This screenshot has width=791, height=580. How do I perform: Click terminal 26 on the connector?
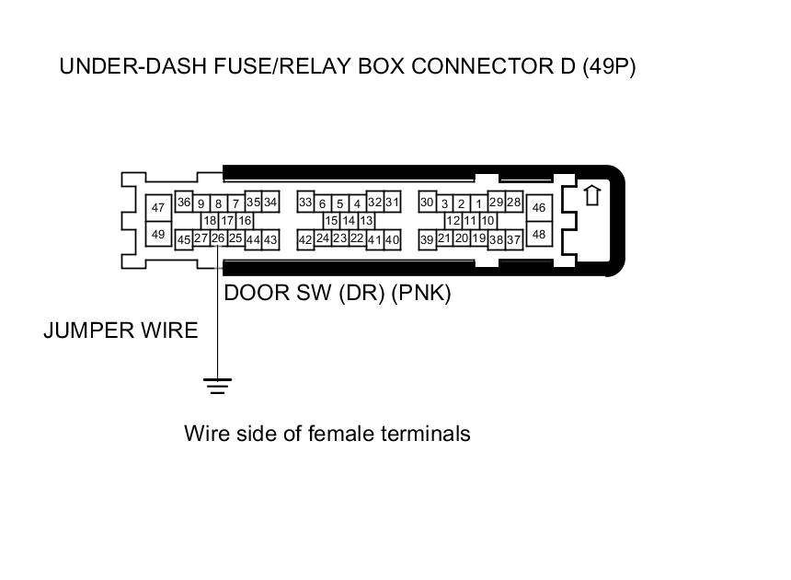click(218, 238)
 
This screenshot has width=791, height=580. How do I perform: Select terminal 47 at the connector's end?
click(158, 207)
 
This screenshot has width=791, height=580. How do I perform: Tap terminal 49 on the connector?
click(158, 234)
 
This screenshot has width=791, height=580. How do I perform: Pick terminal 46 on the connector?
click(539, 207)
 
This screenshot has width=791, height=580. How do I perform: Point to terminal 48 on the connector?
click(539, 234)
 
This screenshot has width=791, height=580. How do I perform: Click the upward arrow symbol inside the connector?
click(592, 195)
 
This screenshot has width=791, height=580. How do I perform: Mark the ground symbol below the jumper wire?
click(217, 386)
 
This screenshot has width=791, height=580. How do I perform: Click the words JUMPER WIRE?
click(120, 331)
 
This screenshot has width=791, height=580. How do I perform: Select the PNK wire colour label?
click(421, 294)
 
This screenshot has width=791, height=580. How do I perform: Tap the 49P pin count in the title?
click(609, 66)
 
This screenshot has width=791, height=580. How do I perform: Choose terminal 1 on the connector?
click(478, 204)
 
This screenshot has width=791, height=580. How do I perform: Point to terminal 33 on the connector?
click(305, 202)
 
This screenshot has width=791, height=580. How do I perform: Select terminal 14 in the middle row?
click(349, 221)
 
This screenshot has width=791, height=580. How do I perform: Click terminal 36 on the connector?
click(184, 202)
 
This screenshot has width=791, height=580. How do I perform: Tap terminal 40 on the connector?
click(392, 239)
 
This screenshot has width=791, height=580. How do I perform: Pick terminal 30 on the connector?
click(428, 202)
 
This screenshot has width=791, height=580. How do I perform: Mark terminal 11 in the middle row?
click(470, 221)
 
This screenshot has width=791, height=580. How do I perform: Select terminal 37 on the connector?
click(513, 239)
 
